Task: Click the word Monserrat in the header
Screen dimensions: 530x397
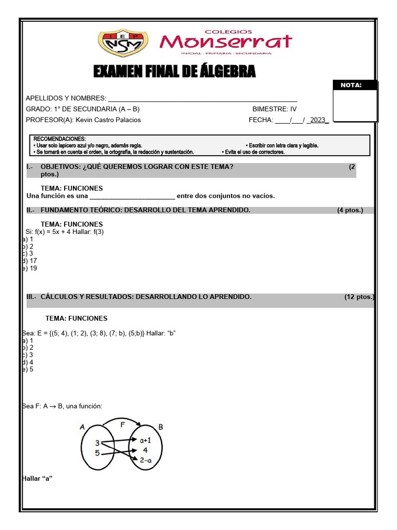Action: pos(226,41)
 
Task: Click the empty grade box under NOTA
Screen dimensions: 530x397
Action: pos(355,106)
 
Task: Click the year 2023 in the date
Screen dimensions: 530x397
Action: pos(318,120)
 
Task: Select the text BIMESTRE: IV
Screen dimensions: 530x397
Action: pos(274,109)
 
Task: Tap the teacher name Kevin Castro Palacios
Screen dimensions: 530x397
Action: pos(108,120)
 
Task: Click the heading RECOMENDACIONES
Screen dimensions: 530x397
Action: pos(59,139)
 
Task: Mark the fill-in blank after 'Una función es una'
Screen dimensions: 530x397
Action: pos(132,197)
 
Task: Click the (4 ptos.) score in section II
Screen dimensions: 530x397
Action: pos(350,210)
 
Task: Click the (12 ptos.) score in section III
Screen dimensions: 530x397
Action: pos(359,297)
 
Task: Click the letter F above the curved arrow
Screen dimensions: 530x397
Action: pos(123,424)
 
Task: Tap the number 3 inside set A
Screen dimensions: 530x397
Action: pos(97,443)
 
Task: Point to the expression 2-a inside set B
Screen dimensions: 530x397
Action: pos(146,460)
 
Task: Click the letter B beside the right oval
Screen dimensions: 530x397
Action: pos(161,428)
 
